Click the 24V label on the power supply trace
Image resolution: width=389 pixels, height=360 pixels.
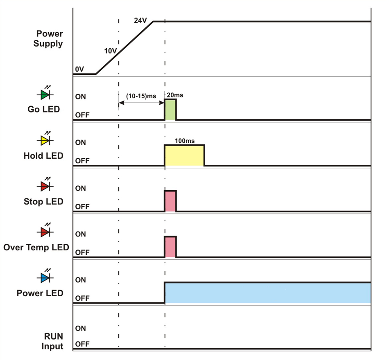pos(140,20)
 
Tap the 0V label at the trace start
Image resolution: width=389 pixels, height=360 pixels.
pos(79,70)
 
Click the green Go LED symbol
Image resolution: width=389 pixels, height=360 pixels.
pos(45,95)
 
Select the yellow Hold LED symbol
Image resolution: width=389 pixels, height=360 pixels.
pos(45,141)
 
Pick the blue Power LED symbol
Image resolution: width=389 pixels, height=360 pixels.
pos(45,278)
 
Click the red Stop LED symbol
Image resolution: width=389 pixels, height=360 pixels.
pos(45,187)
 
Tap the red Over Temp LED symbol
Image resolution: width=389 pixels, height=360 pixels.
pos(45,232)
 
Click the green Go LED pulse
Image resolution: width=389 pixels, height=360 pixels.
pos(170,110)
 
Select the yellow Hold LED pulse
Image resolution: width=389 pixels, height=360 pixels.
pos(184,155)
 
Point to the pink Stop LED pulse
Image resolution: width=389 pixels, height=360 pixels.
pos(170,201)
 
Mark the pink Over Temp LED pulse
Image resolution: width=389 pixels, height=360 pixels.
pos(170,247)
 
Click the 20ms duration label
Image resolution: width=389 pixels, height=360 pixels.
pos(175,95)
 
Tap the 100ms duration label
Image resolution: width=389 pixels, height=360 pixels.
pos(185,141)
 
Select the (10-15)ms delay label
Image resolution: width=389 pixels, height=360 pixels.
pos(141,96)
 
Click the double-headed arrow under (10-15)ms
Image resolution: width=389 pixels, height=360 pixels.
pos(141,103)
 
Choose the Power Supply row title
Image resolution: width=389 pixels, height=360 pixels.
pos(50,39)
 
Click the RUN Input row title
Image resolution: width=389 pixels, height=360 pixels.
pos(54,341)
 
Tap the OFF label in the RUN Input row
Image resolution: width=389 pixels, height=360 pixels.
pos(82,344)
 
